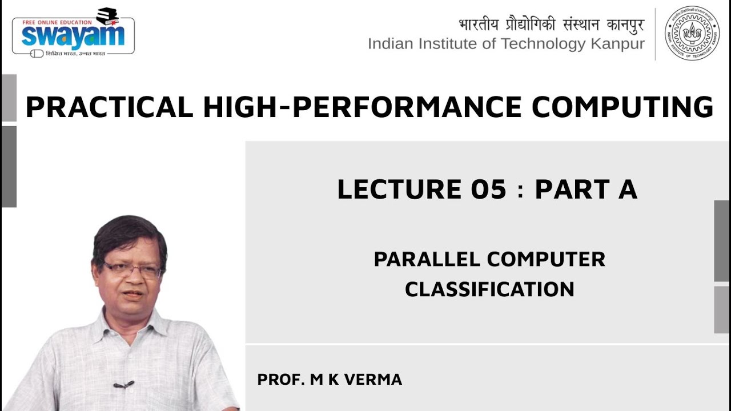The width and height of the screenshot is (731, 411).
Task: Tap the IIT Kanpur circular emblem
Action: pos(692,33)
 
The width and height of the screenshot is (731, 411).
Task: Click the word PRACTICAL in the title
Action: pos(109,107)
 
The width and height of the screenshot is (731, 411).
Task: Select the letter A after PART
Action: pos(627,190)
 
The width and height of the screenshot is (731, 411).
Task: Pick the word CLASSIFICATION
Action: pos(489,289)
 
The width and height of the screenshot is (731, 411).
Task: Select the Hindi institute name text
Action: pos(551,25)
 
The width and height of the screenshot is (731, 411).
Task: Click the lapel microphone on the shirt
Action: pos(122,385)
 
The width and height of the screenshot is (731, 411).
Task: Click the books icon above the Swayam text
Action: pos(107,16)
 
